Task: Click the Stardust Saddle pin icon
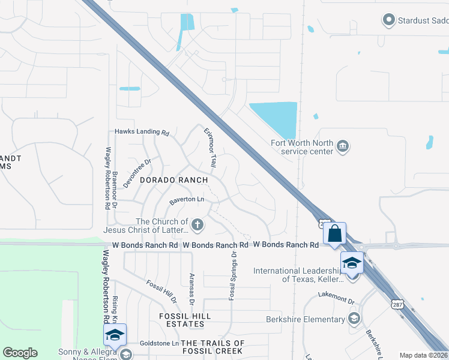388,20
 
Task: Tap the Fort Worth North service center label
302,147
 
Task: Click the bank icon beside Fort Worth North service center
343,146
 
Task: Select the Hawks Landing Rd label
142,132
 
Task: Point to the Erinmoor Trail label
210,146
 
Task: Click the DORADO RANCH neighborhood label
173,180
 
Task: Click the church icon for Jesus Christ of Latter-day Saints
197,225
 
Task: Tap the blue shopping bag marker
335,233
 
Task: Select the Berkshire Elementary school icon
354,318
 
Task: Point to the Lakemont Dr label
337,295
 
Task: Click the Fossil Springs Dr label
232,275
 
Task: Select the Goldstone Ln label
159,344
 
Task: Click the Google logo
20,353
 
